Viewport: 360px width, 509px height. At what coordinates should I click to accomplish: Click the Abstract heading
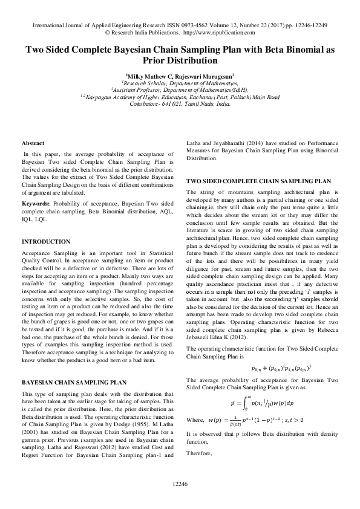point(33,143)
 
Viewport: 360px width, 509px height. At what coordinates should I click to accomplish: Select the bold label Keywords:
point(36,203)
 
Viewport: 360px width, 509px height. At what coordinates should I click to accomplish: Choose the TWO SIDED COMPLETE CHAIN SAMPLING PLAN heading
point(258,181)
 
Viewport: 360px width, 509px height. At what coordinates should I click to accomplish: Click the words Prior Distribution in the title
point(180,60)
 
